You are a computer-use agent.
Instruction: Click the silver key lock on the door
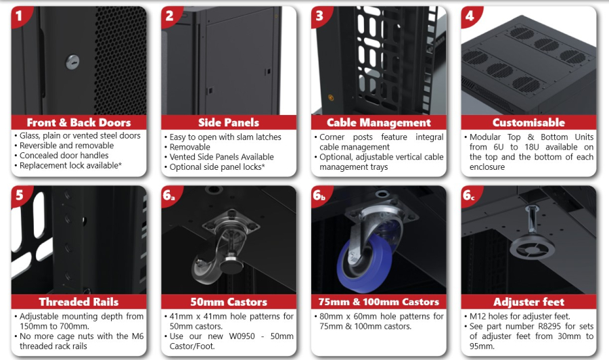click(72, 62)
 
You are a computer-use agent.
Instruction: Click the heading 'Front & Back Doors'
click(79, 122)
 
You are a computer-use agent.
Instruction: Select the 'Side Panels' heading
click(229, 122)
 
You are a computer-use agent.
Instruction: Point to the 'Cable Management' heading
click(379, 122)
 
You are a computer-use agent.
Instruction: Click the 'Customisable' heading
click(528, 122)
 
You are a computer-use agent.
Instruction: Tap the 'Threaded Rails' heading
click(79, 302)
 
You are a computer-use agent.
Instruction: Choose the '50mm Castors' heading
click(229, 302)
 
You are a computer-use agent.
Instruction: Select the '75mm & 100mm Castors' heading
click(379, 302)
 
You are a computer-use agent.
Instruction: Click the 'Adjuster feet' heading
click(528, 302)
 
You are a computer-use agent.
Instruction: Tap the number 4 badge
click(470, 16)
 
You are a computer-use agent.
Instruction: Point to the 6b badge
click(319, 196)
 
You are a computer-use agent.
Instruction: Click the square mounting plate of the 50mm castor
click(231, 224)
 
